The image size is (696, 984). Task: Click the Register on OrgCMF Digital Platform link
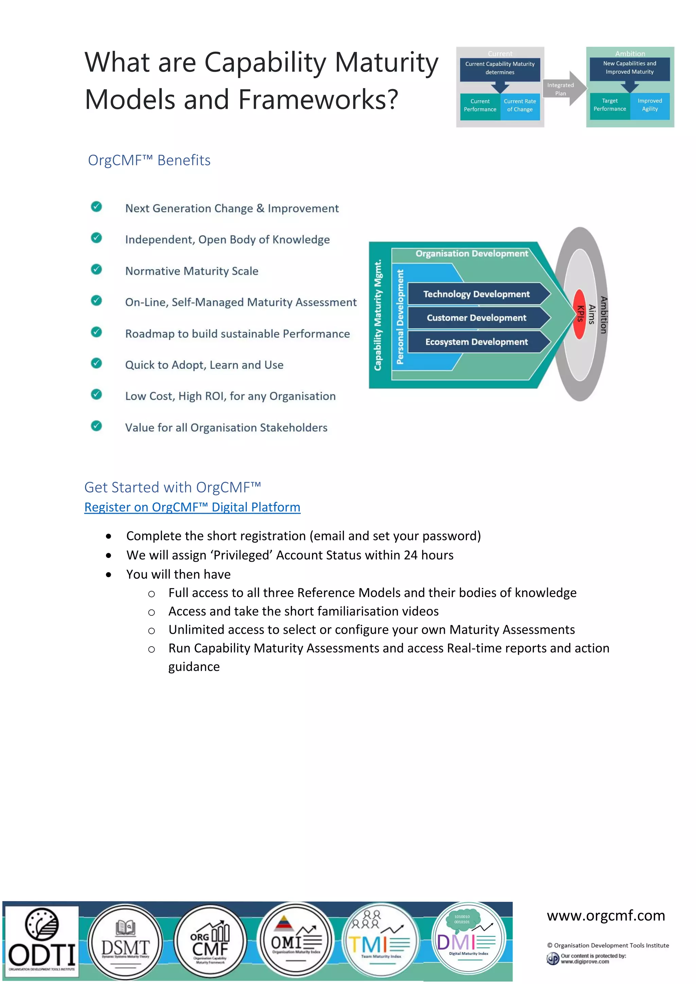click(x=192, y=507)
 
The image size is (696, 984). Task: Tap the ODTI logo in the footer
click(x=41, y=942)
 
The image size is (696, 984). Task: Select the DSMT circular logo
click(x=125, y=942)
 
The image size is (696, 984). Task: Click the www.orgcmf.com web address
click(x=606, y=916)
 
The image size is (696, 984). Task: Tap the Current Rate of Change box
click(x=520, y=105)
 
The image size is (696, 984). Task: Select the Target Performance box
click(x=609, y=105)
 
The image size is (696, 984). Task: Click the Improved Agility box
click(x=650, y=105)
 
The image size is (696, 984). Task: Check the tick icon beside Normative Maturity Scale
click(x=97, y=269)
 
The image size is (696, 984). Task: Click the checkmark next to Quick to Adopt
click(x=97, y=363)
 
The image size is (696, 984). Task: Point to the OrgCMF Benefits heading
click(x=149, y=160)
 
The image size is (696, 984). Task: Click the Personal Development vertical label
click(x=400, y=317)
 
